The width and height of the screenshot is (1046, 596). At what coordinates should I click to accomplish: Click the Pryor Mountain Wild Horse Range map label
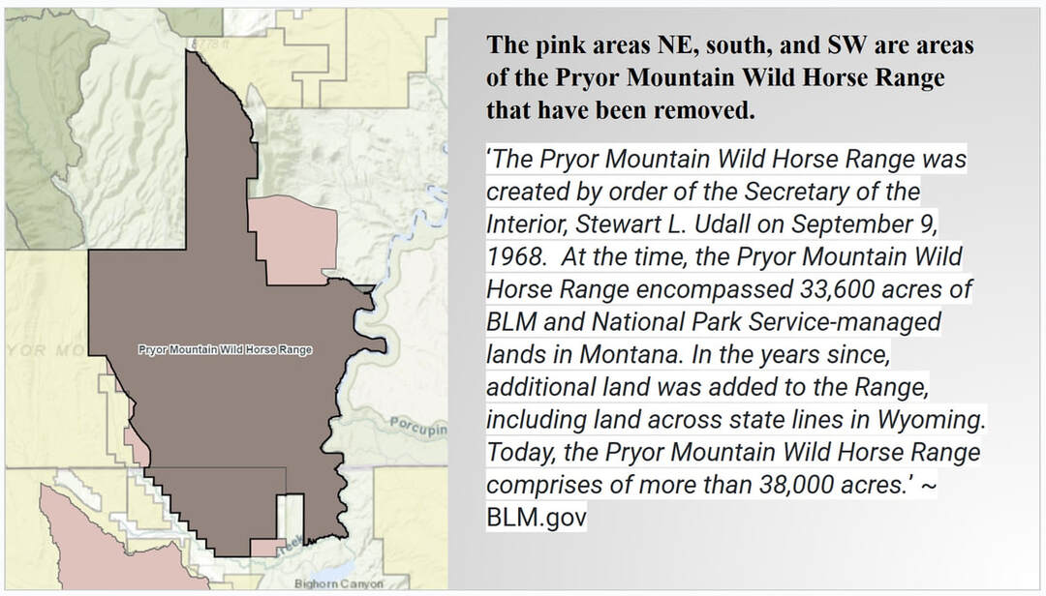(x=225, y=349)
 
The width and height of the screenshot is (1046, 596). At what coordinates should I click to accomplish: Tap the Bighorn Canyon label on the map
(x=339, y=584)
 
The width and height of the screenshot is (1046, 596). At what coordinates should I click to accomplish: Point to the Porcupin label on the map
(x=418, y=426)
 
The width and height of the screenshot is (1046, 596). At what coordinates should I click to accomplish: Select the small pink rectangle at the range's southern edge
(x=268, y=548)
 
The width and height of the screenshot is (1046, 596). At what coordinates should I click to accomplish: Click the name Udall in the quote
(x=724, y=224)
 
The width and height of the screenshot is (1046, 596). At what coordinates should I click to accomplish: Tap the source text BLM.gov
(x=537, y=518)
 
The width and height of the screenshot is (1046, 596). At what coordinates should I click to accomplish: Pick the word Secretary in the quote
(x=794, y=193)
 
